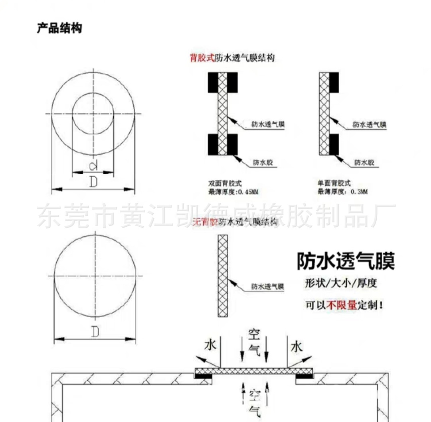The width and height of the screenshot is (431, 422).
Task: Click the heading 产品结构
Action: pos(59,29)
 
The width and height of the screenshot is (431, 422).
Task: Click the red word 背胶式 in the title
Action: pos(202,58)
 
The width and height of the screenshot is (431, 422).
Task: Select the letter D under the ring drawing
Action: pos(93,182)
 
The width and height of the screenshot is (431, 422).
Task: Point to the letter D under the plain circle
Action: pos(95,332)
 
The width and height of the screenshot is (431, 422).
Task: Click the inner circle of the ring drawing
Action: pos(93,114)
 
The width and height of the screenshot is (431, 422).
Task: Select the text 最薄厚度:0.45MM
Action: pos(233,192)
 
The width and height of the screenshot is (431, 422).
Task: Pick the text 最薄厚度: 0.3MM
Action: pos(342,192)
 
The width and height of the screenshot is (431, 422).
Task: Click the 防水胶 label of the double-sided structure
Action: pos(265,162)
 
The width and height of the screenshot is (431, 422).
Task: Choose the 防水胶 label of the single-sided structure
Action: pos(364,162)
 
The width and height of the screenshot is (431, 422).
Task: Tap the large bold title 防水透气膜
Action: pos(346,262)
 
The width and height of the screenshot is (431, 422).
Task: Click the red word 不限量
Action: pos(336,306)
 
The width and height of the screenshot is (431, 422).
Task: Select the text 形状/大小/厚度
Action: pos(341,283)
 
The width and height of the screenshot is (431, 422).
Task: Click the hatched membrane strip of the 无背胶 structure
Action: pos(223,275)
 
